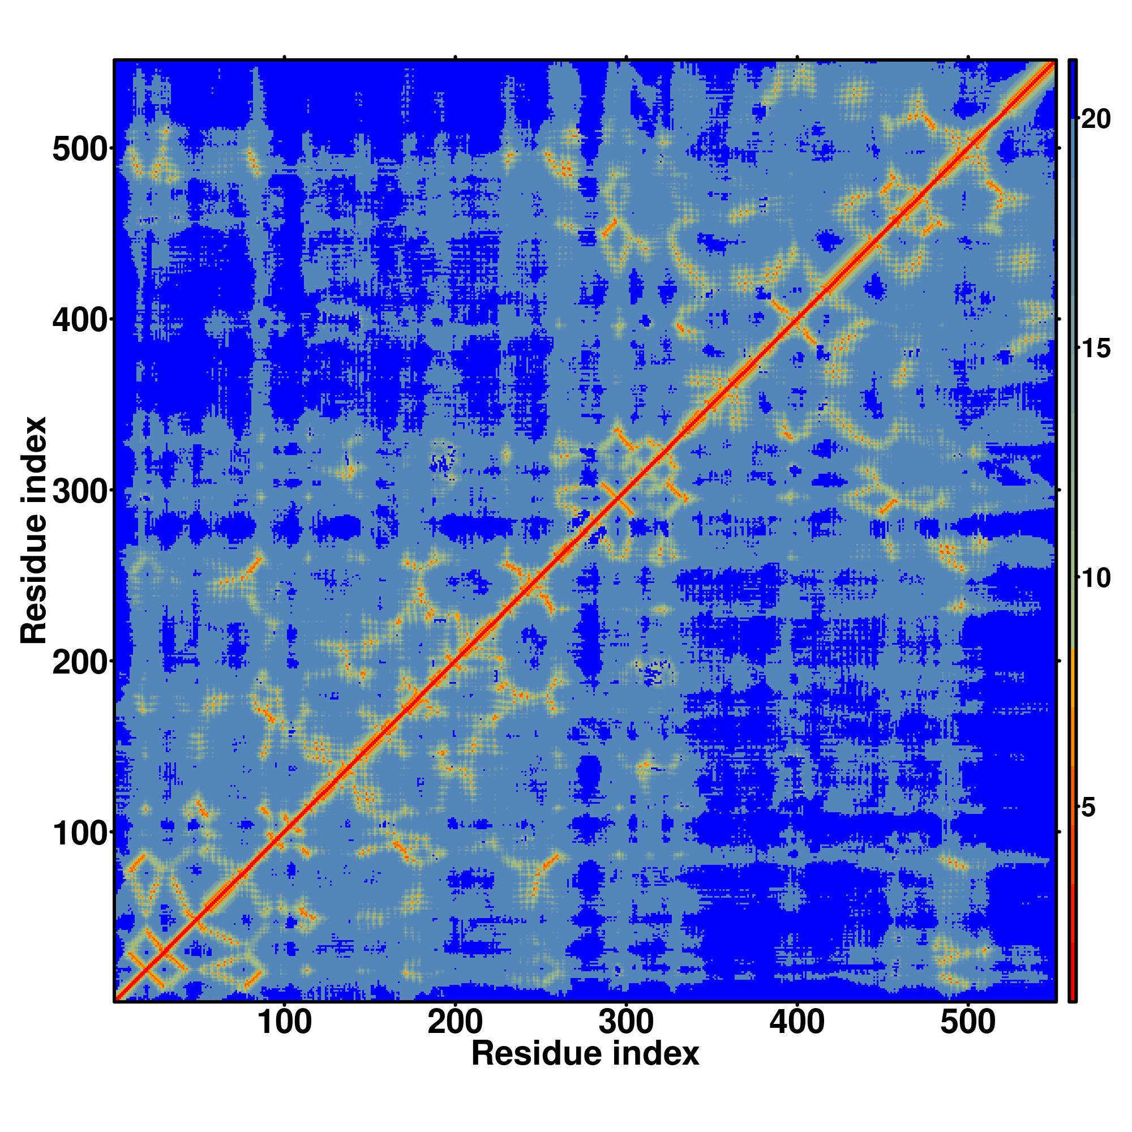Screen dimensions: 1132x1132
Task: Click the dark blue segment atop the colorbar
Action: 1073,88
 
